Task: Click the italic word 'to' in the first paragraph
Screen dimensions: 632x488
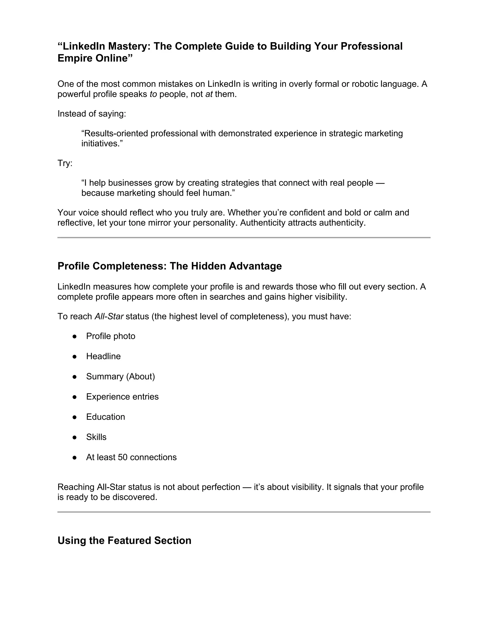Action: coord(153,94)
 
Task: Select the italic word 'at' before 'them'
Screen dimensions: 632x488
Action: coord(209,94)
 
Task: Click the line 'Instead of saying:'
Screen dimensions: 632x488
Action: coord(92,114)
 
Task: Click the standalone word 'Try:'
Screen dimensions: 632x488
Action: coord(65,163)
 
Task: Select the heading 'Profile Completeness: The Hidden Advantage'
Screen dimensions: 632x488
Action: coord(169,266)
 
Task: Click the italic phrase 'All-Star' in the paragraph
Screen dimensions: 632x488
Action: coord(109,316)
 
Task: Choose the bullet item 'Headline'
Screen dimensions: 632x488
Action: coord(103,356)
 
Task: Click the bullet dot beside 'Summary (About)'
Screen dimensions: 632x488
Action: coord(75,377)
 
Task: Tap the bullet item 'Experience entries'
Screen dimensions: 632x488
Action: coord(122,397)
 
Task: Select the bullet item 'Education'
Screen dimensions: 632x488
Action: coord(106,417)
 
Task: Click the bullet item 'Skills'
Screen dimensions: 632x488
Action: coord(96,437)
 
